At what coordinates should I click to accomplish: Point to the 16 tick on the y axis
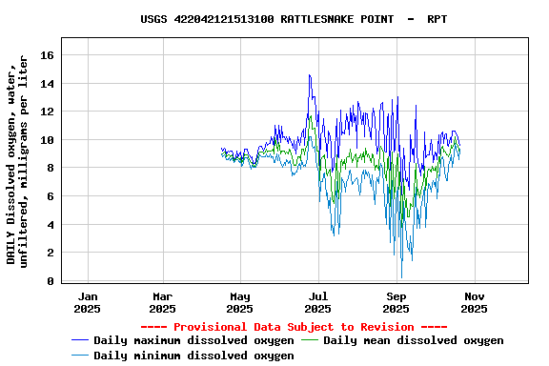click(x=46, y=55)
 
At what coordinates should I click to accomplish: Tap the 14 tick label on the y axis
click(x=46, y=84)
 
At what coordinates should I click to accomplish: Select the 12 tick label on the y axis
click(x=46, y=112)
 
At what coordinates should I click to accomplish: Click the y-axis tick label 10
click(x=46, y=140)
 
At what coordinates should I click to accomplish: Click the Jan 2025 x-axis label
click(x=87, y=302)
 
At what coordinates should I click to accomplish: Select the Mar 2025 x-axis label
click(x=163, y=302)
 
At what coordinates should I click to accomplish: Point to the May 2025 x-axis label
click(x=240, y=302)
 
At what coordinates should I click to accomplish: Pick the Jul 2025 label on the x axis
click(x=318, y=302)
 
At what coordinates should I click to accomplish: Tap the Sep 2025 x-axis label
click(x=396, y=302)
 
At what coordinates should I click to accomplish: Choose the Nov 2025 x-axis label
click(x=474, y=302)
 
